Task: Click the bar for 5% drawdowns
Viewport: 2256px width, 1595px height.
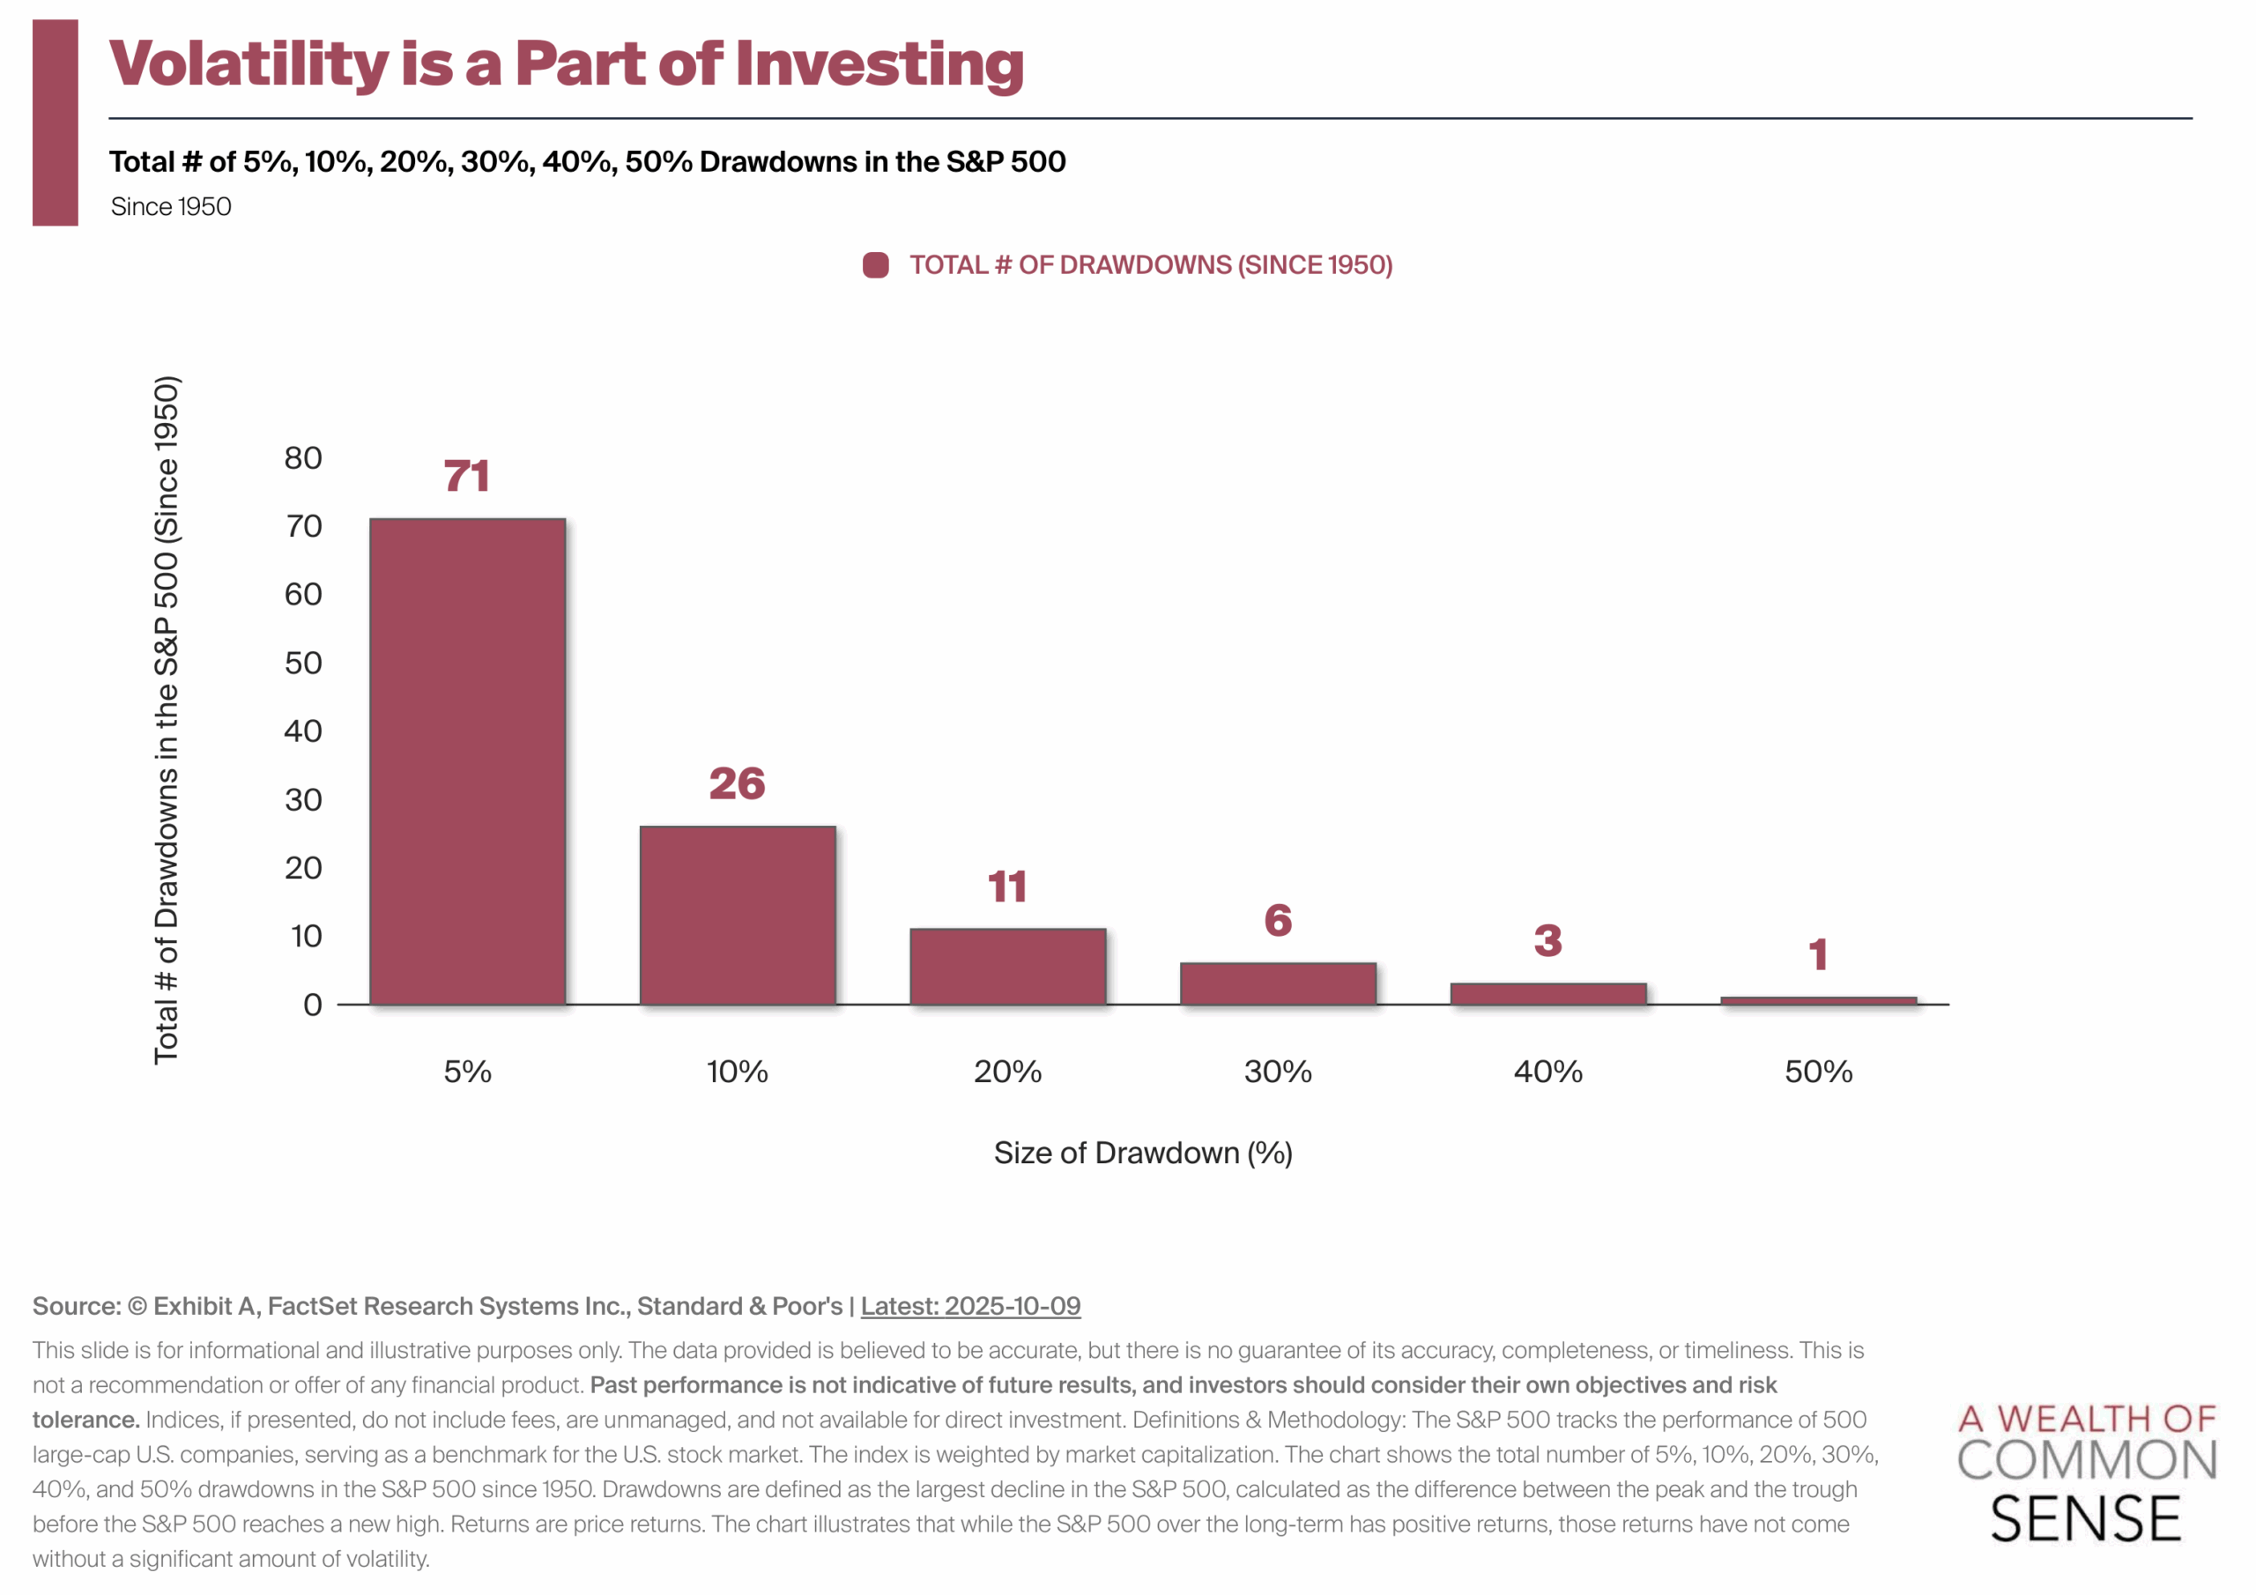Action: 468,761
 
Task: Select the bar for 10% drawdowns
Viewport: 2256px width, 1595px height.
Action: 738,915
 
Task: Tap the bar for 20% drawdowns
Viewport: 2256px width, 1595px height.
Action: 1008,966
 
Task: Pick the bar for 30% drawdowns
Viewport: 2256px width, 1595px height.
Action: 1279,983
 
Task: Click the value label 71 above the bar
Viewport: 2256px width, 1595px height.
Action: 467,477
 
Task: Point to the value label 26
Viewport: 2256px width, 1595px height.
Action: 737,783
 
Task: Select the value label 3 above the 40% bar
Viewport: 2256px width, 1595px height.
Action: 1548,940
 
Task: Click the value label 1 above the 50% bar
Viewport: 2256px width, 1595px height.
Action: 1818,954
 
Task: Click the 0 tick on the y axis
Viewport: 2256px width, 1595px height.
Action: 313,1005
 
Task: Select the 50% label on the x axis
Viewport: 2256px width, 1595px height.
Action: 1819,1072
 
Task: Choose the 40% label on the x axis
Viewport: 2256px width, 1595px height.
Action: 1548,1072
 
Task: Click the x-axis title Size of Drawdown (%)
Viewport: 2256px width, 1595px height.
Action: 1143,1153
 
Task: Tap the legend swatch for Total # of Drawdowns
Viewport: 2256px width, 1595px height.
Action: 875,265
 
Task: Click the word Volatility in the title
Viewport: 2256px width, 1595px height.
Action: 249,63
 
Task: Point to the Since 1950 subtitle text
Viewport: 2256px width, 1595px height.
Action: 171,207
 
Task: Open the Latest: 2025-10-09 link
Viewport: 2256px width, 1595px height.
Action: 971,1306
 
